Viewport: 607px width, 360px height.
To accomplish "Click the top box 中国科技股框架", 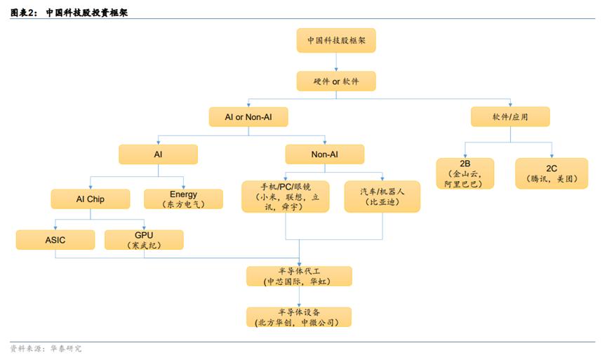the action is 336,40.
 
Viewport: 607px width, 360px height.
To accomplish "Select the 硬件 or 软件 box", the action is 336,81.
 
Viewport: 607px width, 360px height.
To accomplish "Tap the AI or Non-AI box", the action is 248,117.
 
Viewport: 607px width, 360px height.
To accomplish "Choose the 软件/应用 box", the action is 510,117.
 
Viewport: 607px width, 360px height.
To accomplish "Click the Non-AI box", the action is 325,154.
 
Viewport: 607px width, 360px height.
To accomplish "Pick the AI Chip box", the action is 91,199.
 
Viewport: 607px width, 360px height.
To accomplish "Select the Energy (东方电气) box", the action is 183,199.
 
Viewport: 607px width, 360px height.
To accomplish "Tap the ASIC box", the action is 55,240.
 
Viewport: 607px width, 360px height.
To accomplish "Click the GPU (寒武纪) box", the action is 144,240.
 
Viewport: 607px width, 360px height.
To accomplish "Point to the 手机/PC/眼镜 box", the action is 286,196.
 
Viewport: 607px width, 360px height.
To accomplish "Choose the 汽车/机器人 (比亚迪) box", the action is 382,196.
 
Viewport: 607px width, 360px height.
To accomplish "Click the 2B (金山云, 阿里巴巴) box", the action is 465,173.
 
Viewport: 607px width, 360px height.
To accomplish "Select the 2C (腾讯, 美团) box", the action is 552,173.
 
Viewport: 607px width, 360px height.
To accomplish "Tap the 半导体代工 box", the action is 299,276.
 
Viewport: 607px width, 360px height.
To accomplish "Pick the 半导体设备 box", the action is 299,317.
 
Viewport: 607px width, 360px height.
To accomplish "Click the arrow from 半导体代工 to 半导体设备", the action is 299,297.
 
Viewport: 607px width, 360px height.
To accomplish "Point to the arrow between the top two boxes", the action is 336,62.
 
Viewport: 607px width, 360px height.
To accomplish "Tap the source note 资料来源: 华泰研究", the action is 46,348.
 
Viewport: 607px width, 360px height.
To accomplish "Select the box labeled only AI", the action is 159,154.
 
